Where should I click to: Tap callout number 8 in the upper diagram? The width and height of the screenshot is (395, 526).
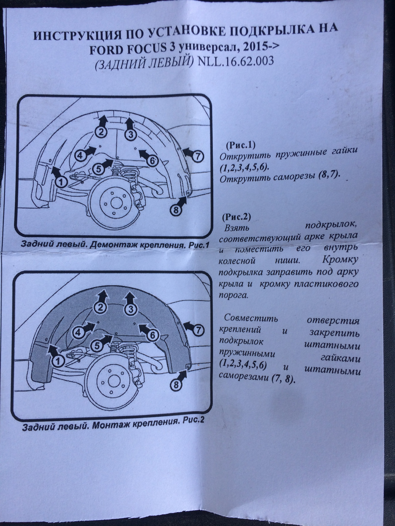tap(176, 210)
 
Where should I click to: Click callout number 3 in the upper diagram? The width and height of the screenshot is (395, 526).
tap(131, 135)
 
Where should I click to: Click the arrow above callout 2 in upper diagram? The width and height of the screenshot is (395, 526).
tap(103, 120)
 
